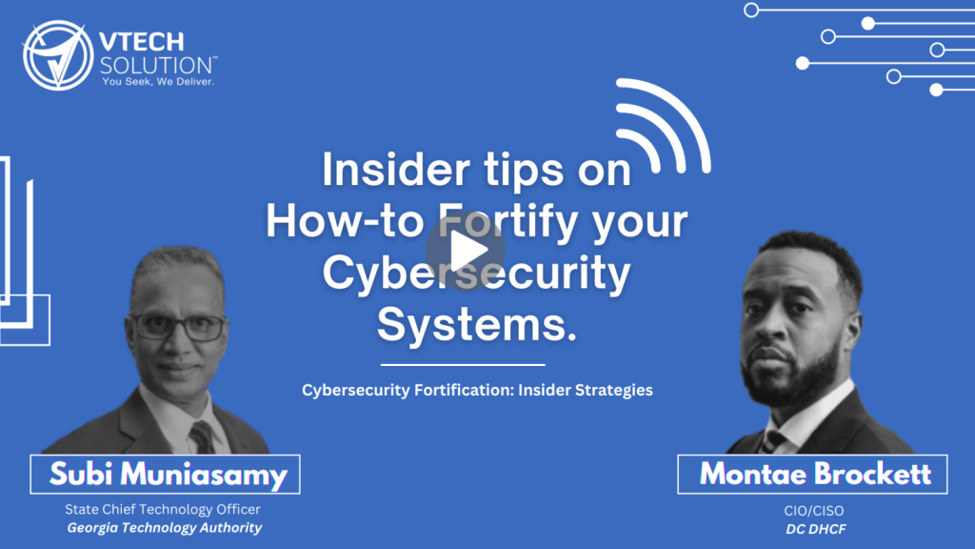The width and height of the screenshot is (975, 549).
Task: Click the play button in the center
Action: click(x=465, y=251)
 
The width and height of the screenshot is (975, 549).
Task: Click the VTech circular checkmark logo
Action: click(x=58, y=55)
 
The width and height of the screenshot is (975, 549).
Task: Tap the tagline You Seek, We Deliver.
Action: click(x=158, y=82)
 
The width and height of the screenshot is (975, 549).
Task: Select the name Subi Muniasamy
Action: click(x=168, y=475)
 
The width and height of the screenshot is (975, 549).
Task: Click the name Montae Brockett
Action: click(x=815, y=474)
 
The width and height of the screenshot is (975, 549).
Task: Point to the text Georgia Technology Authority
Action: click(x=164, y=528)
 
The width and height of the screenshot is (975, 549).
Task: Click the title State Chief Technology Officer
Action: click(x=162, y=509)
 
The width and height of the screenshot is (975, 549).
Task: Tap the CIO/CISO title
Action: click(x=814, y=511)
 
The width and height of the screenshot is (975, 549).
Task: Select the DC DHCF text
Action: click(x=816, y=529)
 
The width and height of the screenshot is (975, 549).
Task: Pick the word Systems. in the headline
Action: click(x=477, y=324)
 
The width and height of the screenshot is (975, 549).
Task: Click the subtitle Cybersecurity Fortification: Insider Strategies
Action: click(x=477, y=390)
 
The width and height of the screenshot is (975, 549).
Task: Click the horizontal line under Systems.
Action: click(x=463, y=365)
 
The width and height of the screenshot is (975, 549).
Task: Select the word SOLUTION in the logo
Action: click(x=157, y=66)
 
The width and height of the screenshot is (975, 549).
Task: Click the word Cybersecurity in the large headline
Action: click(x=476, y=274)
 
